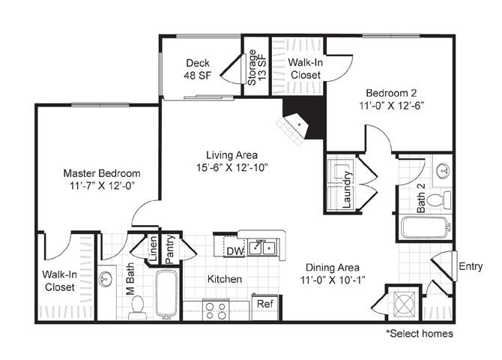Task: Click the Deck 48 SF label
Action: click(x=198, y=69)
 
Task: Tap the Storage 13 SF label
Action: click(x=257, y=67)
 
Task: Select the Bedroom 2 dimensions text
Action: click(x=392, y=106)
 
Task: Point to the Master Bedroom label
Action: click(x=102, y=173)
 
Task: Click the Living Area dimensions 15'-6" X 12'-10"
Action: click(x=232, y=167)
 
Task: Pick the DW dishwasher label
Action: click(x=235, y=251)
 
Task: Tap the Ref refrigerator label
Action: click(x=265, y=303)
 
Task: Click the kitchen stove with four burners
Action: click(x=216, y=310)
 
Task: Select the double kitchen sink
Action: click(x=262, y=247)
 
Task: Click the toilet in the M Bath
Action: click(x=138, y=307)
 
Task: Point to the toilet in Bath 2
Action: click(x=438, y=200)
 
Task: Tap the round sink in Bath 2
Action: click(x=443, y=170)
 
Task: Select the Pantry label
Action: click(x=169, y=249)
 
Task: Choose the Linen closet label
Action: click(x=154, y=248)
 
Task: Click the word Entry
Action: click(x=471, y=266)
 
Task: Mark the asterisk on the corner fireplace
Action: click(x=300, y=124)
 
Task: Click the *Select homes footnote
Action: click(x=420, y=334)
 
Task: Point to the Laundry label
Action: click(x=347, y=190)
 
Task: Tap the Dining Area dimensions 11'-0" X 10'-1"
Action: click(x=333, y=280)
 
